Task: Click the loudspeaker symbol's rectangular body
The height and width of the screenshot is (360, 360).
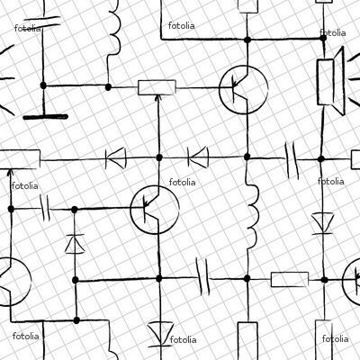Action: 326,82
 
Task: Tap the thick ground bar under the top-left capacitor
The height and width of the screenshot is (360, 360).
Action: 46,117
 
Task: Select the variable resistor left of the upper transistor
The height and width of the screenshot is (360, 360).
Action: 157,87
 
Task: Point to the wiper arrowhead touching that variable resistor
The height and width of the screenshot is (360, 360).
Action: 158,97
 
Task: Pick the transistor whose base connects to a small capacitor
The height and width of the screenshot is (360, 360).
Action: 155,210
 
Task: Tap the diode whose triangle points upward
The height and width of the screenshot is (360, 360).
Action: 75,244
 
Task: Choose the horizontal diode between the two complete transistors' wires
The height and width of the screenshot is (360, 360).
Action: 198,157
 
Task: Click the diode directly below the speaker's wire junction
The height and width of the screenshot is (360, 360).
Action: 322,223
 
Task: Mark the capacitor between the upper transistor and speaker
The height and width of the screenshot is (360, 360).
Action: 292,160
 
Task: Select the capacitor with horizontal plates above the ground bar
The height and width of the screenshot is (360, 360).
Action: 42,23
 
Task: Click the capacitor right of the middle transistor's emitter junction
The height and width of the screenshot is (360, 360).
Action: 202,276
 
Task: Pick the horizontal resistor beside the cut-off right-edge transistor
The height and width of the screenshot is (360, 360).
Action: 290,279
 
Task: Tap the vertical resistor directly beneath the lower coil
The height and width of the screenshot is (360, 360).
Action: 247,340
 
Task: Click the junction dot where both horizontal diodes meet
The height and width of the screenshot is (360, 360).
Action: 159,157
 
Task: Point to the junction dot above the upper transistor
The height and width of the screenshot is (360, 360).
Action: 247,40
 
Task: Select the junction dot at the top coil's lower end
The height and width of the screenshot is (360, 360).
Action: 108,87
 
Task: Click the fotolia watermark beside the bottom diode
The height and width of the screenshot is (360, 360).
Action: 184,340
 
